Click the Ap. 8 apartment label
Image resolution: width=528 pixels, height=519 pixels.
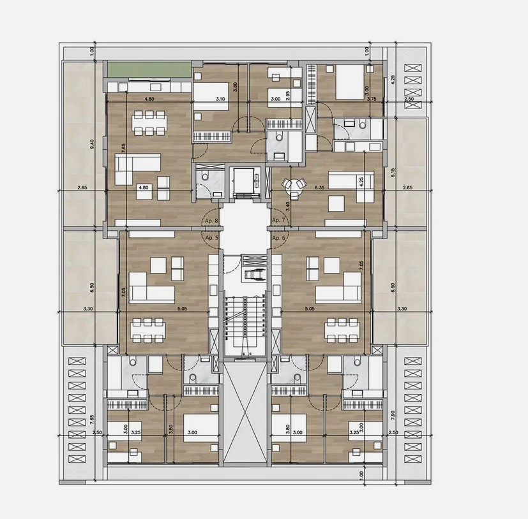pyautogui.click(x=211, y=221)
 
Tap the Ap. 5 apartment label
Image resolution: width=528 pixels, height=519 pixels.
pyautogui.click(x=211, y=237)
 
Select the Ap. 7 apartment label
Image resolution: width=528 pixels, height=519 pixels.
pyautogui.click(x=278, y=221)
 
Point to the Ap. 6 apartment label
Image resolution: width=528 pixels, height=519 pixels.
pyautogui.click(x=278, y=237)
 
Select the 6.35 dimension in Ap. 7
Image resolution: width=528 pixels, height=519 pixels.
pyautogui.click(x=321, y=188)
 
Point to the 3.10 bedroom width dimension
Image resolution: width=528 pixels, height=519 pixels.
pyautogui.click(x=221, y=99)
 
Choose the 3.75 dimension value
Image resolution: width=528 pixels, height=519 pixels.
pyautogui.click(x=372, y=99)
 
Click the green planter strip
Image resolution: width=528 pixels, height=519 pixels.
pyautogui.click(x=148, y=69)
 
